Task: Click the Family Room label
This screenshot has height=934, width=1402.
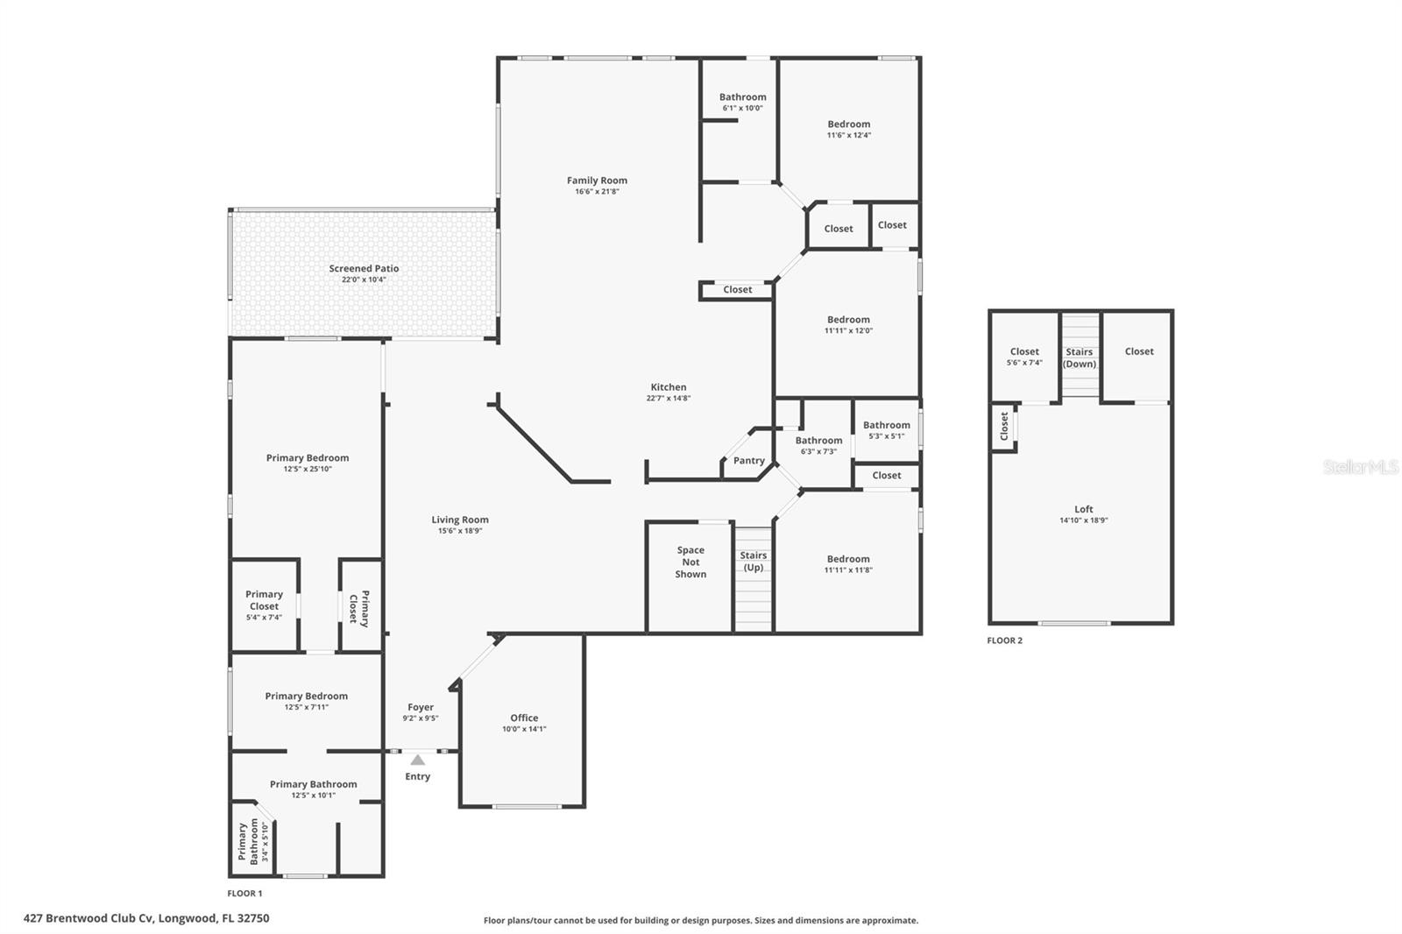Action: (x=597, y=180)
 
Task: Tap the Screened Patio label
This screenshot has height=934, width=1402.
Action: (x=364, y=269)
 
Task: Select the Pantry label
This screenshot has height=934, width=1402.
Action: (x=748, y=461)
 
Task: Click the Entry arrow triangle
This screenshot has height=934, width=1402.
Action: (x=418, y=760)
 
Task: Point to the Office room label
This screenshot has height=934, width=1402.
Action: (x=524, y=718)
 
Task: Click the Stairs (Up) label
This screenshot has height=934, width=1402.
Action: (x=753, y=561)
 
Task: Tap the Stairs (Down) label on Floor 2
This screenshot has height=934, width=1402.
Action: (x=1080, y=357)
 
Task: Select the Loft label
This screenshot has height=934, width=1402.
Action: (x=1084, y=509)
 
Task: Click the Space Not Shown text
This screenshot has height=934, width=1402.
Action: (x=690, y=563)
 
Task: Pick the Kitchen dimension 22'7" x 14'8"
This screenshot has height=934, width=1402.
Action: (x=669, y=398)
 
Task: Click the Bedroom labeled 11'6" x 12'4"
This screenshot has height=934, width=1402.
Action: (x=848, y=124)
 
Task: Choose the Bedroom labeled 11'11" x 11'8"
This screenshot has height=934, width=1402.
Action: (x=848, y=559)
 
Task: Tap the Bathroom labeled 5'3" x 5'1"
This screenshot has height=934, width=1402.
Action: (x=886, y=425)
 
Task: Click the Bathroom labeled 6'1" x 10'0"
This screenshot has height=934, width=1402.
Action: (x=742, y=97)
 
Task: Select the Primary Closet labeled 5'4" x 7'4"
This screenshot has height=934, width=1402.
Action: (x=264, y=600)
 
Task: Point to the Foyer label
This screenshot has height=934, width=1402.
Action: (x=421, y=707)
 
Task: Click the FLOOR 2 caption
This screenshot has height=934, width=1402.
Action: (x=1004, y=640)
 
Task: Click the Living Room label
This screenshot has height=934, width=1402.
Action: (x=460, y=520)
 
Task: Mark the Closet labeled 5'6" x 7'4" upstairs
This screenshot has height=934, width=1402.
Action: (x=1023, y=351)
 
